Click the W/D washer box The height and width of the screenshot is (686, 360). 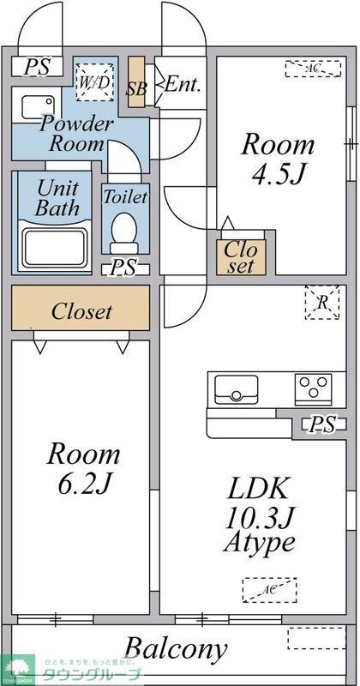click(94, 83)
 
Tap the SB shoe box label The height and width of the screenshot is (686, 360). click(135, 87)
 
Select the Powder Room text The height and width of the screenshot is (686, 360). click(76, 133)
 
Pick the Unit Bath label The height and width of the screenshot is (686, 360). click(58, 196)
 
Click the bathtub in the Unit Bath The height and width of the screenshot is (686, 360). click(56, 244)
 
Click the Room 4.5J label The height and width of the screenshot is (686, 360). click(276, 159)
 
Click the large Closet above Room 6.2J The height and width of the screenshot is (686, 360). click(81, 311)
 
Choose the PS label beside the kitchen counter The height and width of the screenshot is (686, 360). click(322, 424)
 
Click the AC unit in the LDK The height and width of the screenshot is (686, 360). click(267, 590)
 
